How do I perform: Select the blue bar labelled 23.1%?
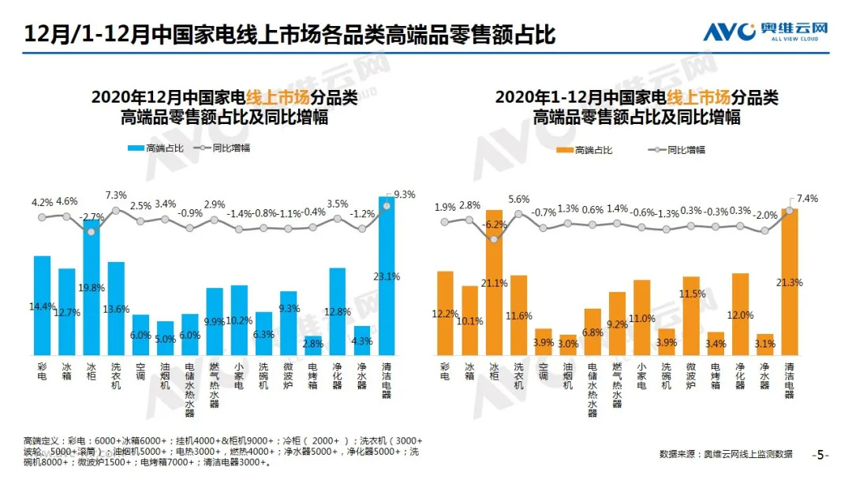pyautogui.click(x=387, y=276)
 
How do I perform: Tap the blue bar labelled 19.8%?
pyautogui.click(x=92, y=288)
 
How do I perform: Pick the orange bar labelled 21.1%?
pyautogui.click(x=495, y=283)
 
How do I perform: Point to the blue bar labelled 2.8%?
pyautogui.click(x=313, y=346)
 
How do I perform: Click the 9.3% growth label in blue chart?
pyautogui.click(x=404, y=193)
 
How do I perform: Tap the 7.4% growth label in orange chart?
pyautogui.click(x=807, y=198)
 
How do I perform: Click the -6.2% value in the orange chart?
pyautogui.click(x=495, y=225)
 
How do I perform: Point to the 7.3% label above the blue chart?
pyautogui.click(x=116, y=195)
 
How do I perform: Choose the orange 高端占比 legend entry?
pyautogui.click(x=584, y=150)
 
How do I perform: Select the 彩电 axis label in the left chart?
pyautogui.click(x=43, y=373)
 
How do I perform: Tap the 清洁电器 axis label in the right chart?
pyautogui.click(x=790, y=383)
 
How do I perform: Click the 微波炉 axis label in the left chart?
pyautogui.click(x=289, y=377)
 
